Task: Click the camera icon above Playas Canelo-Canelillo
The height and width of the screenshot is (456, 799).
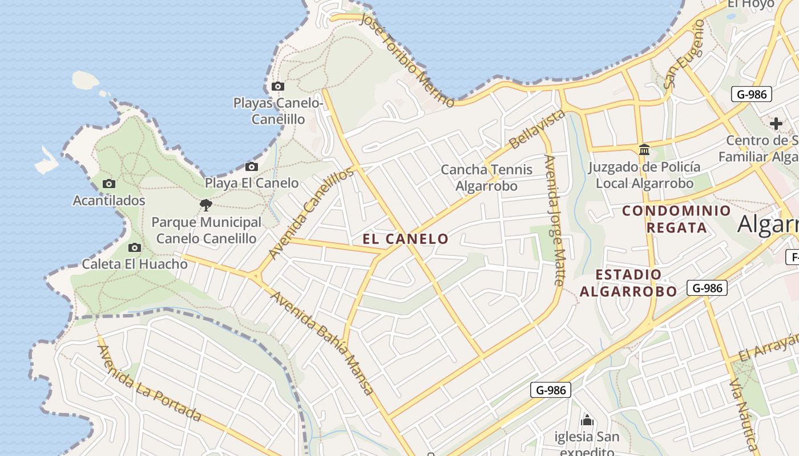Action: pyautogui.click(x=278, y=87)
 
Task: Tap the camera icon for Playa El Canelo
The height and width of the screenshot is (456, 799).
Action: pyautogui.click(x=252, y=167)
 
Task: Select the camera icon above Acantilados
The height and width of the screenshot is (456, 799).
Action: pyautogui.click(x=109, y=184)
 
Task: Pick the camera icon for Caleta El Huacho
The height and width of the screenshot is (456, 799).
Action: pyautogui.click(x=135, y=247)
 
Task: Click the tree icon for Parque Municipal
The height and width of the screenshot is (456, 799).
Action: pyautogui.click(x=206, y=205)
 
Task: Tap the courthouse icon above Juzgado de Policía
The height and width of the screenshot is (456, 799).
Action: pyautogui.click(x=644, y=149)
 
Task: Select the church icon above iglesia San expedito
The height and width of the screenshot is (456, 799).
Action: pyautogui.click(x=587, y=421)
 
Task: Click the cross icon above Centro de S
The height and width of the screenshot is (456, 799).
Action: pyautogui.click(x=776, y=123)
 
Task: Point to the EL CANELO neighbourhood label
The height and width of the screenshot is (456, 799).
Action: pyautogui.click(x=406, y=239)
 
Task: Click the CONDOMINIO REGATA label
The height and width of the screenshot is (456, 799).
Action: pyautogui.click(x=676, y=219)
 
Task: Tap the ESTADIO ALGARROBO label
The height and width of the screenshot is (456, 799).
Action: pyautogui.click(x=628, y=283)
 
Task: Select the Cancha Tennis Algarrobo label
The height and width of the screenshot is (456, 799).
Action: pyautogui.click(x=487, y=178)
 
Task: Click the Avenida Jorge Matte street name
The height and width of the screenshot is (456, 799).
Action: pyautogui.click(x=554, y=220)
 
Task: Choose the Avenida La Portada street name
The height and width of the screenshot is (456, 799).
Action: pyautogui.click(x=150, y=383)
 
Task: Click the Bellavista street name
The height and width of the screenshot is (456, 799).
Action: pyautogui.click(x=536, y=129)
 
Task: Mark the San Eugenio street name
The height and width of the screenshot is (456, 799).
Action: pyautogui.click(x=684, y=54)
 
